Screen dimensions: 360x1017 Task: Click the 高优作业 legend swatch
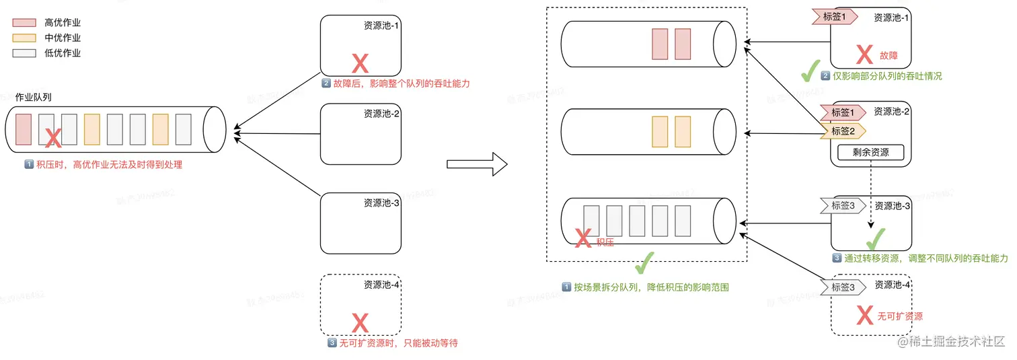24,23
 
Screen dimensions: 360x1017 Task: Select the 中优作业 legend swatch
24,38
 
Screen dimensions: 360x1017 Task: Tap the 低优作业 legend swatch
24,53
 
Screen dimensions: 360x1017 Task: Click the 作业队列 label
34,97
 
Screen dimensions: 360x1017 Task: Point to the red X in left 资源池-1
361,64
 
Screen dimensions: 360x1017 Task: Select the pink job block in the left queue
24,130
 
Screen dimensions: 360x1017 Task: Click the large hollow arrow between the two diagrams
477,164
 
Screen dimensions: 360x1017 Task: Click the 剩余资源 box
870,153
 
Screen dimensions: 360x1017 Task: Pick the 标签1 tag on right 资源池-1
837,17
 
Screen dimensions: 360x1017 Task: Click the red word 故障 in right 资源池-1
889,56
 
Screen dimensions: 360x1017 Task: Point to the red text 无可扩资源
900,316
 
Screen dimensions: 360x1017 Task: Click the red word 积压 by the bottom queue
605,241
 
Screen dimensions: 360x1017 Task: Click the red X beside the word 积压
583,237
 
